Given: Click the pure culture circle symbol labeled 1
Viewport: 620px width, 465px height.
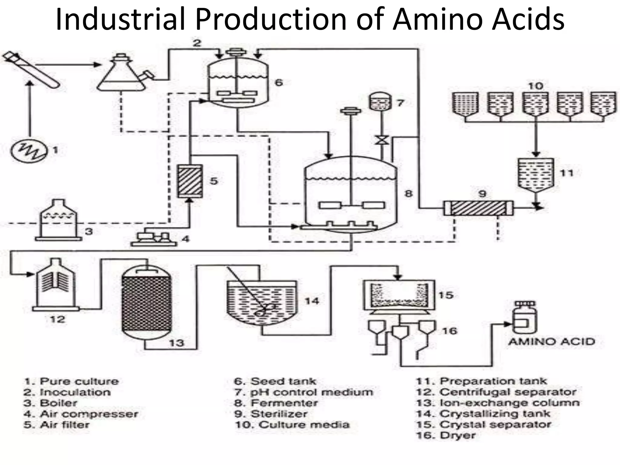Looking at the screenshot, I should (29, 150).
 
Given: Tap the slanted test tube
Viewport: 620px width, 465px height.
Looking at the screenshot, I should (32, 70).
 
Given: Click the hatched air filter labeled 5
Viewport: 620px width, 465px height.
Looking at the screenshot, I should (190, 181).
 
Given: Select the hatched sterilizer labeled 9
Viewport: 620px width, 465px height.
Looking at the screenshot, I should (478, 208).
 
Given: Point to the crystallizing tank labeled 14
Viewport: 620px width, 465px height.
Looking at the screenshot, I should (261, 303).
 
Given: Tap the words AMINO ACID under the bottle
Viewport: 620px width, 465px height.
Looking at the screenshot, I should (552, 341).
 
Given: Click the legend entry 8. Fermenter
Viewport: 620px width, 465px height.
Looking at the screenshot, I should (276, 403).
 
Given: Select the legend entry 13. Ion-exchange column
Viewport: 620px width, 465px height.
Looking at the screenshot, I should (498, 403).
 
